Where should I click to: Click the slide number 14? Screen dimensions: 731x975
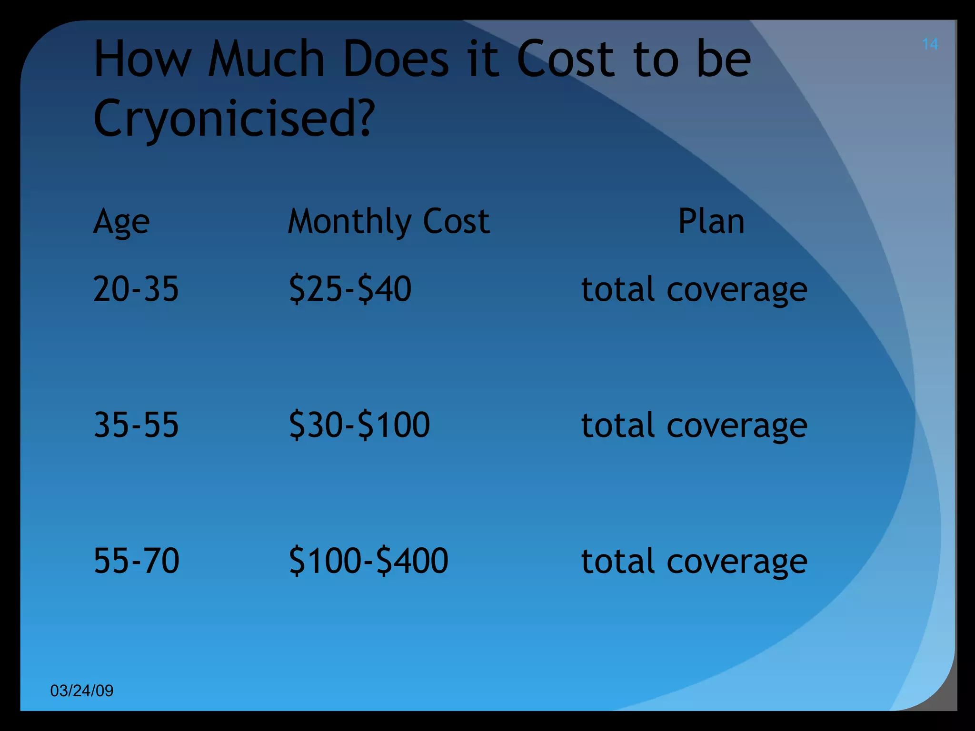pos(930,44)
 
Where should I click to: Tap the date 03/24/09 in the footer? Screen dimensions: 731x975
pos(82,691)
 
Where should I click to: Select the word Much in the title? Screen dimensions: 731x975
pos(266,59)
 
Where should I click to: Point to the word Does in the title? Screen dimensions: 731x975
pos(396,59)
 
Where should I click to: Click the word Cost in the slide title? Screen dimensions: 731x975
pos(566,59)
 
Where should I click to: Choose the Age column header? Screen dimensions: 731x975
pos(121,222)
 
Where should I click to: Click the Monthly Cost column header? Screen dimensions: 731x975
pos(388,222)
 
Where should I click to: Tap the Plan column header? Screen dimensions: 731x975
pos(711,222)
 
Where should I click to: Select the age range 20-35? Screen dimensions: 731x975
pos(136,289)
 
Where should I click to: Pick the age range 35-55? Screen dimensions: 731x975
pos(136,425)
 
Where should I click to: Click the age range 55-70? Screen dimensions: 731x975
pos(137,560)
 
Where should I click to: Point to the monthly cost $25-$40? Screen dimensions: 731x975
pos(350,289)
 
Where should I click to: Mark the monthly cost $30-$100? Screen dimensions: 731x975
pos(359,425)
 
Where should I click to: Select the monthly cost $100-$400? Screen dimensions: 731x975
pos(368,560)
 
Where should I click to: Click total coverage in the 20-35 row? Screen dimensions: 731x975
pos(694,290)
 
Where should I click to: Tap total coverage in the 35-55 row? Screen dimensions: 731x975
pos(694,425)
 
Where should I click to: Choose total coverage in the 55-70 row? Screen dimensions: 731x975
pos(694,561)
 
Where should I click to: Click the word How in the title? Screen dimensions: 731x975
pos(142,59)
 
